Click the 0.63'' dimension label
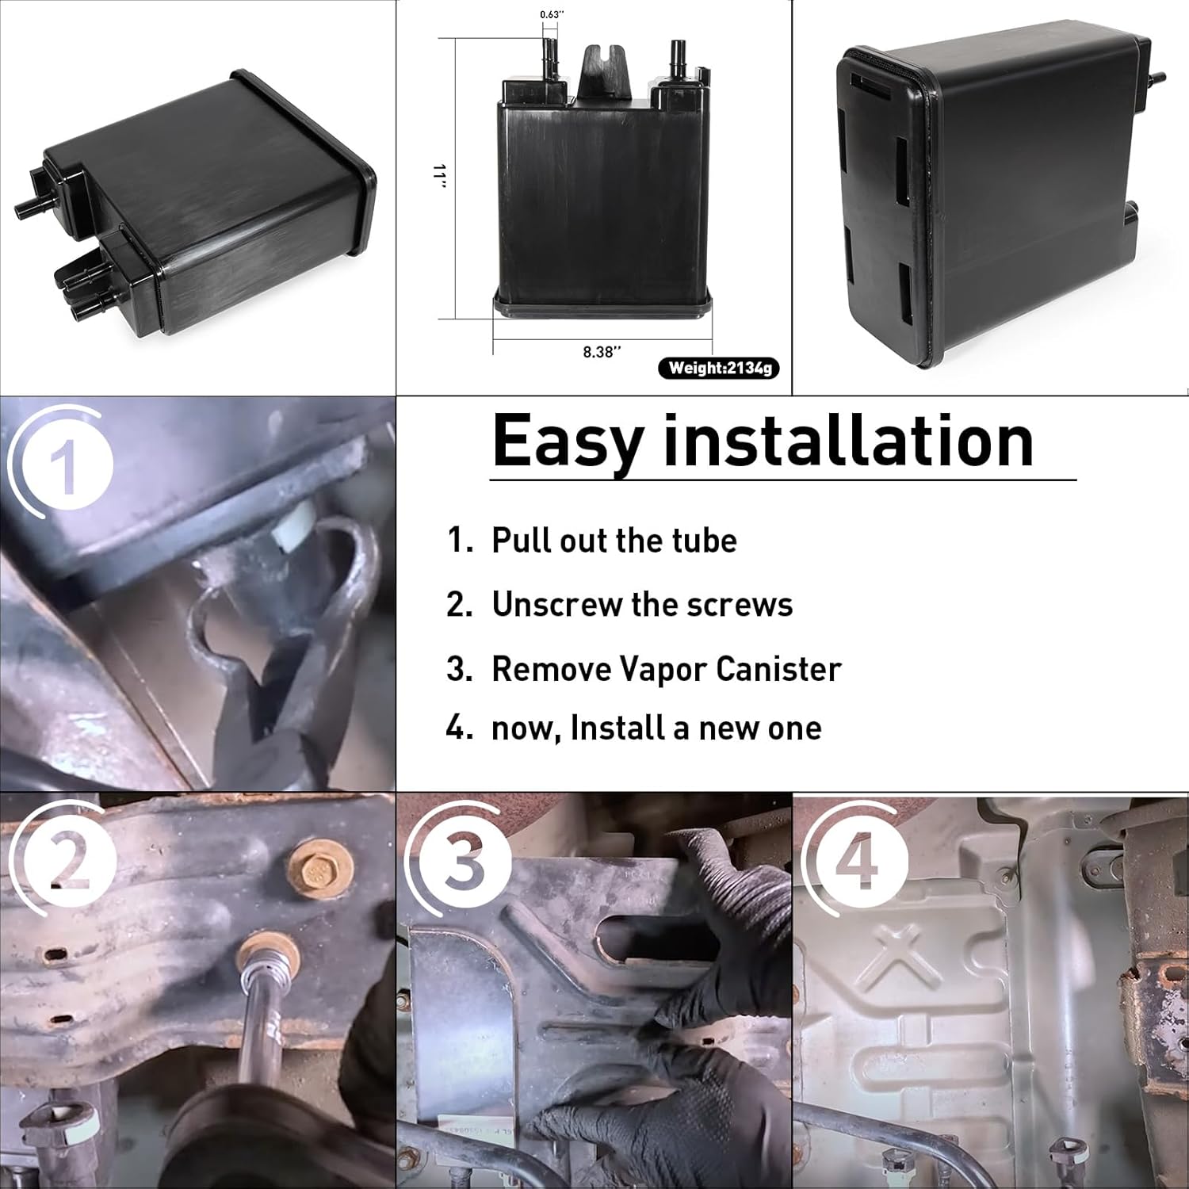552,14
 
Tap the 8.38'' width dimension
602,352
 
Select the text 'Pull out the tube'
614,541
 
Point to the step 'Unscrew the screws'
642,605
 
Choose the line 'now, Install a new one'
656,728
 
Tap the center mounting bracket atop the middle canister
600,75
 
